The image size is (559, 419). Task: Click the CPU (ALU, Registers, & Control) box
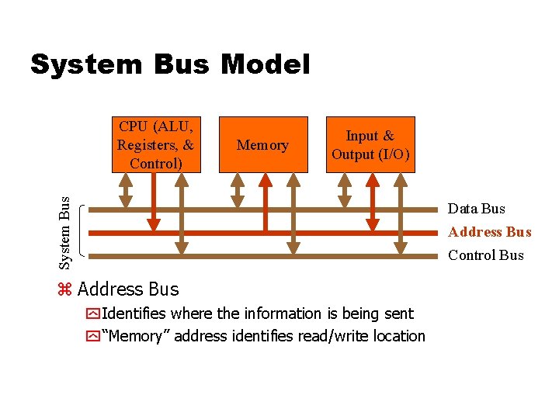click(x=156, y=144)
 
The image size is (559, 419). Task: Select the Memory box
click(x=262, y=144)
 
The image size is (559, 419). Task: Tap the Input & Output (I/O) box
click(x=370, y=144)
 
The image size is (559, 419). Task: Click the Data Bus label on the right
click(x=477, y=209)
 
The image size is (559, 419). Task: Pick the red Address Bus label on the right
click(x=489, y=232)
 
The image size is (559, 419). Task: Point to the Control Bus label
click(x=484, y=255)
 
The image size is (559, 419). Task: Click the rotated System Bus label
click(x=67, y=232)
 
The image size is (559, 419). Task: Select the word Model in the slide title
click(x=265, y=64)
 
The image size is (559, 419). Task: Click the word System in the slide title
click(x=83, y=64)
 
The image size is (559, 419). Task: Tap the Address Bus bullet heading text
click(x=128, y=289)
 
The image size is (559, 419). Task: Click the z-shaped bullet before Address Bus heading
click(x=64, y=290)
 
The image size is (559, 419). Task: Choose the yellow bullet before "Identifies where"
click(x=93, y=314)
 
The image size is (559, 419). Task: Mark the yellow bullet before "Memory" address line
click(x=93, y=337)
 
